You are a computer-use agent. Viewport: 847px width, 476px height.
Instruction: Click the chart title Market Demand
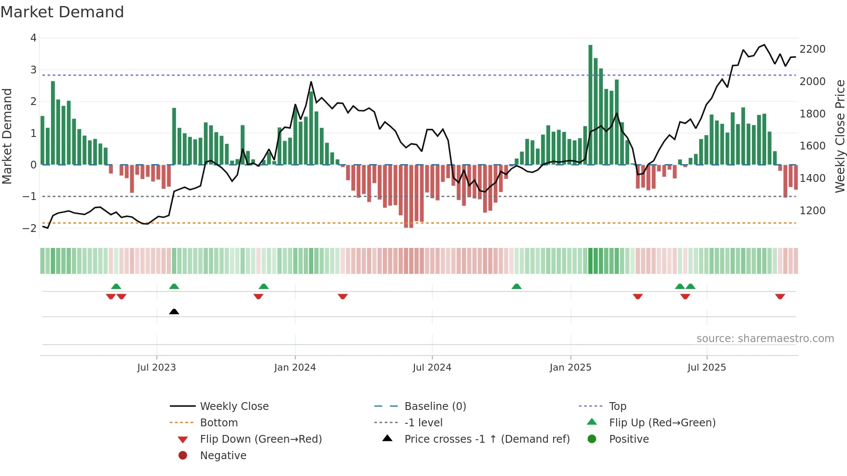tap(62, 12)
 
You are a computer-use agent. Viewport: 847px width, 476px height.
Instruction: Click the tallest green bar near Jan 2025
tap(590, 104)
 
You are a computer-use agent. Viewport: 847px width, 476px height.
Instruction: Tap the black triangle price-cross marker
tap(174, 311)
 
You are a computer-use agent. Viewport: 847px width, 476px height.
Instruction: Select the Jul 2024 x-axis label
tap(432, 368)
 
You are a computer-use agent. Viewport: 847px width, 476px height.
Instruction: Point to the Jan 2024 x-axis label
tap(295, 368)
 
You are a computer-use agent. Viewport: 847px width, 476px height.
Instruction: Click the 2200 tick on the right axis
tap(812, 49)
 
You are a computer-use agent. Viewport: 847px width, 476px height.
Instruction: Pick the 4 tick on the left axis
tap(33, 38)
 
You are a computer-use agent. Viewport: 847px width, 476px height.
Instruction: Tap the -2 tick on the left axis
tap(30, 228)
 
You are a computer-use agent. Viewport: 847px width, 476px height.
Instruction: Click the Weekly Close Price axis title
tap(840, 136)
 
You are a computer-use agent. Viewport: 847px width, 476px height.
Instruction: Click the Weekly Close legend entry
tap(234, 406)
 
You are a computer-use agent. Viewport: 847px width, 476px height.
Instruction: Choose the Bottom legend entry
tap(219, 423)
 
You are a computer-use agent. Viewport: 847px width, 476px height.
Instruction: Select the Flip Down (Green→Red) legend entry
tap(261, 439)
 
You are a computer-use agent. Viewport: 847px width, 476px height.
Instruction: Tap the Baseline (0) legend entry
tap(435, 406)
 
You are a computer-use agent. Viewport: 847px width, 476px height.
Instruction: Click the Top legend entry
tap(618, 406)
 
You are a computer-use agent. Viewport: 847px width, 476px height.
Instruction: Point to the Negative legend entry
tap(223, 456)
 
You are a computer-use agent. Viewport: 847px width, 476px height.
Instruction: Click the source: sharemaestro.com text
tap(765, 339)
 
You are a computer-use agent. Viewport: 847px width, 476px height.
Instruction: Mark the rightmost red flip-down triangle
tap(780, 296)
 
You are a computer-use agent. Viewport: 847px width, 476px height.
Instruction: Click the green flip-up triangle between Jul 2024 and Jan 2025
tap(516, 286)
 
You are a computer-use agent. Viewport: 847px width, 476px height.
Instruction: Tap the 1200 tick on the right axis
tap(812, 211)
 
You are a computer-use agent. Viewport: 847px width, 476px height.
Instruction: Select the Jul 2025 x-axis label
tap(707, 368)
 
